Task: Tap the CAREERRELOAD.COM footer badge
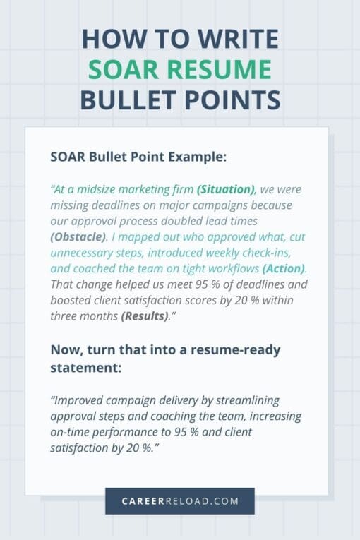click(179, 501)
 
